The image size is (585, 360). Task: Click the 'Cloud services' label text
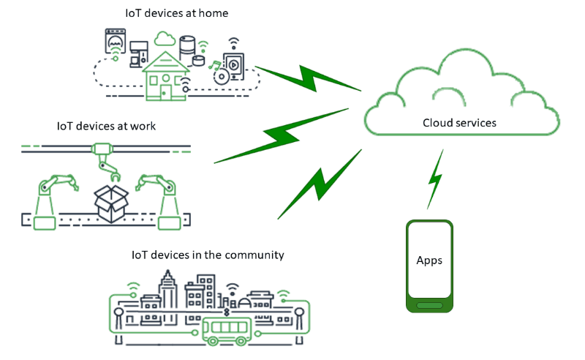pos(459,122)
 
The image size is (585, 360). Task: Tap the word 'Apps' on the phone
pos(429,260)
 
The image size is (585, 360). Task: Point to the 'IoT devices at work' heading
pos(106,127)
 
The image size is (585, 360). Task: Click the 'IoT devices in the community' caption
pos(208,255)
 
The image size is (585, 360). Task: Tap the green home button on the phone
pos(429,304)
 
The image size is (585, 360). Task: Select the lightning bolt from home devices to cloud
pos(307,76)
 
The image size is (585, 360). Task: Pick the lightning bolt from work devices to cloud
pos(282,135)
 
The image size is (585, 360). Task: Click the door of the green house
pos(166,91)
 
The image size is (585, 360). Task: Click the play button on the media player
pos(233,65)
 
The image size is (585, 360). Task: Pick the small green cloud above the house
pos(165,37)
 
